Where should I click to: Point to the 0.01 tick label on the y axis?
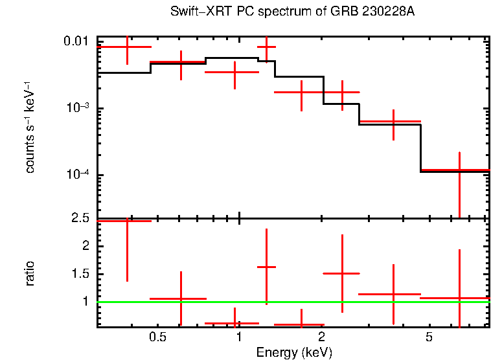(x=76, y=42)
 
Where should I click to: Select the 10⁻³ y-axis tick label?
(x=76, y=108)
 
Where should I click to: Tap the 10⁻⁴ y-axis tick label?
(x=76, y=175)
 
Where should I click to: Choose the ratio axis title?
(x=30, y=273)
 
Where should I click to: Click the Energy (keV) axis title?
(x=294, y=352)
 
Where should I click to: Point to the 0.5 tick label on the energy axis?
(x=158, y=338)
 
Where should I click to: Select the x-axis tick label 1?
(x=239, y=338)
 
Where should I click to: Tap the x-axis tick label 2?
(x=321, y=338)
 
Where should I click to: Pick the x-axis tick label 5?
(x=429, y=338)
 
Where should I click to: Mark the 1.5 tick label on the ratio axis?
(x=80, y=274)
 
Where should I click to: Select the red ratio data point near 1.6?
(x=266, y=267)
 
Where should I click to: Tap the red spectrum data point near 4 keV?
(x=393, y=121)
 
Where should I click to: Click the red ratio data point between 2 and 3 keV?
(x=342, y=273)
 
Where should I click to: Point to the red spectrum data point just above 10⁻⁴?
(x=459, y=170)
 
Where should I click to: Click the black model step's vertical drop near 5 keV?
(x=422, y=148)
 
